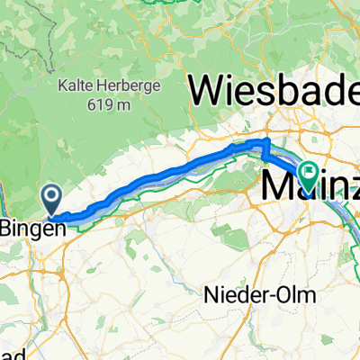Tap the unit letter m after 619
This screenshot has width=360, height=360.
(x=121, y=104)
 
